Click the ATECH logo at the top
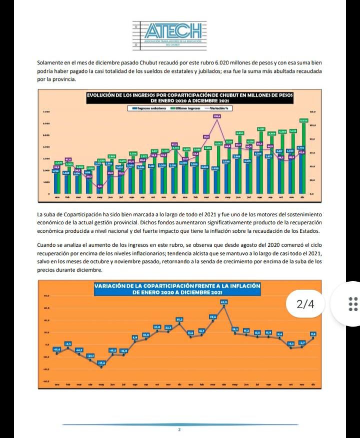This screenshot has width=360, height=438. click(169, 34)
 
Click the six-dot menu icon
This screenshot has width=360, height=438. click(352, 304)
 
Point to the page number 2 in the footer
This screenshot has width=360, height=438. click(179, 430)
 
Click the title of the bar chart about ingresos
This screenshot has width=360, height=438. click(189, 97)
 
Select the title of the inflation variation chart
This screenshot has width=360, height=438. click(178, 289)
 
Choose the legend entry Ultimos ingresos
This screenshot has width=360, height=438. click(187, 107)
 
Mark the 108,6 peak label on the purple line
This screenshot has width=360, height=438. click(217, 116)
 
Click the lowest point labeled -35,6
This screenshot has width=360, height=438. click(101, 363)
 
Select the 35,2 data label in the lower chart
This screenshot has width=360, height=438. click(179, 319)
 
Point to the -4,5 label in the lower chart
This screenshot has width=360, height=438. click(68, 344)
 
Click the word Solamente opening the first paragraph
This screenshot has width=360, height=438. click(51, 63)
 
